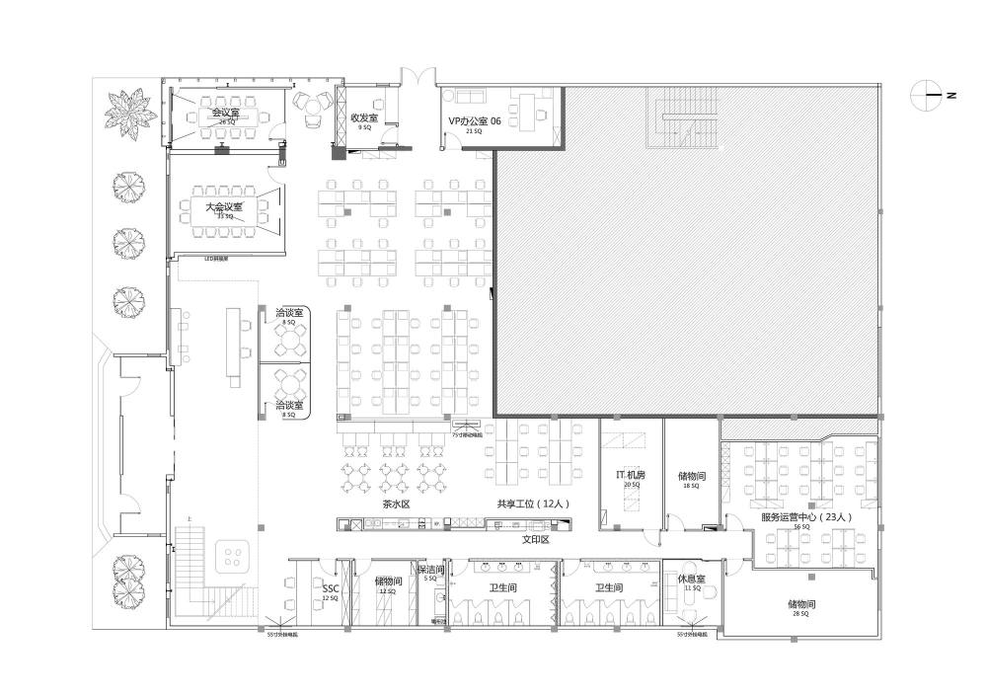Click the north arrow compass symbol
[x=934, y=95]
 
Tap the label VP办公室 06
[x=475, y=119]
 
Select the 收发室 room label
[x=365, y=117]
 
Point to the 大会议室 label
[x=224, y=207]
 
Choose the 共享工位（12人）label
[x=534, y=504]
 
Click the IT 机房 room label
[x=632, y=475]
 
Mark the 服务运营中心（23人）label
[x=805, y=516]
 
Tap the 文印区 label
[x=535, y=540]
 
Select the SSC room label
[x=330, y=588]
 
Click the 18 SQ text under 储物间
[x=691, y=486]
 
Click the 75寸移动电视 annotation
[x=467, y=433]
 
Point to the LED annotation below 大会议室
[x=216, y=259]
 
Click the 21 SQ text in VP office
[x=474, y=130]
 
